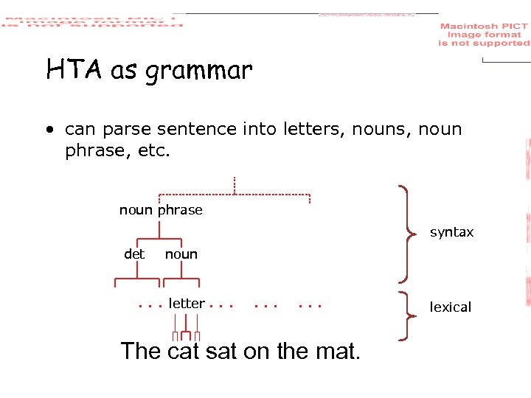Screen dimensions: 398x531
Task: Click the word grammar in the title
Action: click(198, 72)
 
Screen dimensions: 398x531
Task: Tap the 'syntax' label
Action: click(451, 232)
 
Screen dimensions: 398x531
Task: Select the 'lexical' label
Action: click(450, 307)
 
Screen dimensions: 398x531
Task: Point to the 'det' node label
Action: click(134, 254)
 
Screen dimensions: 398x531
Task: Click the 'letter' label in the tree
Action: click(187, 303)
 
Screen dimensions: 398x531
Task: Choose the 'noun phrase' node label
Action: click(161, 210)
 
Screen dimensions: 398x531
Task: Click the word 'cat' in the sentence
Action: click(184, 351)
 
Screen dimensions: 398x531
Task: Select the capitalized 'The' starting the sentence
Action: click(141, 351)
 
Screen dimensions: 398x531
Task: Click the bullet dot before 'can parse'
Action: click(49, 130)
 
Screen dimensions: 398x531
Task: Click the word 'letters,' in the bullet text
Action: click(309, 130)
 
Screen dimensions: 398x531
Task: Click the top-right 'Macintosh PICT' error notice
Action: click(484, 35)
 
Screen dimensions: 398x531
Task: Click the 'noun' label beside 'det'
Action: click(181, 254)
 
